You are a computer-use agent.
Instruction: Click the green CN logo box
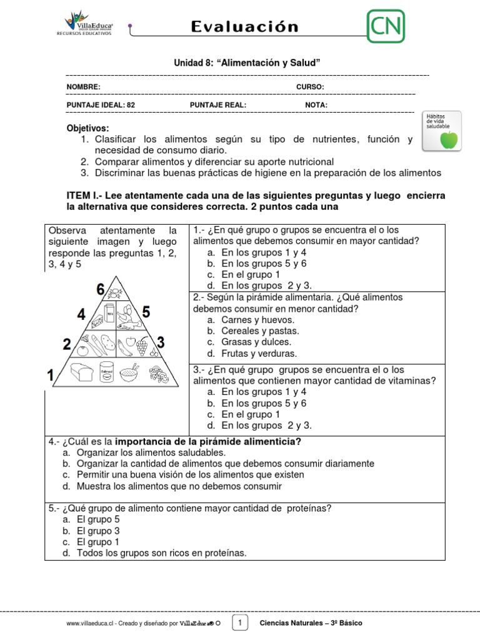pyautogui.click(x=386, y=26)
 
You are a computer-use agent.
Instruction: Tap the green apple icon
pyautogui.click(x=448, y=140)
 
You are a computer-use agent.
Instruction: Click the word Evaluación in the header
pyautogui.click(x=244, y=26)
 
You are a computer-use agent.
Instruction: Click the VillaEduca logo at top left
pyautogui.click(x=84, y=24)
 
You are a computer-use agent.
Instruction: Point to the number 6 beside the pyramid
pyautogui.click(x=100, y=289)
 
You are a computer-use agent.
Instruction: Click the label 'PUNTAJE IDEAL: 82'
pyautogui.click(x=101, y=105)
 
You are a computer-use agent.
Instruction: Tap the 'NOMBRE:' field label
pyautogui.click(x=83, y=87)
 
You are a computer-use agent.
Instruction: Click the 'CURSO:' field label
pyautogui.click(x=309, y=87)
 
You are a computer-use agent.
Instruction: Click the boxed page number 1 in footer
pyautogui.click(x=240, y=622)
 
